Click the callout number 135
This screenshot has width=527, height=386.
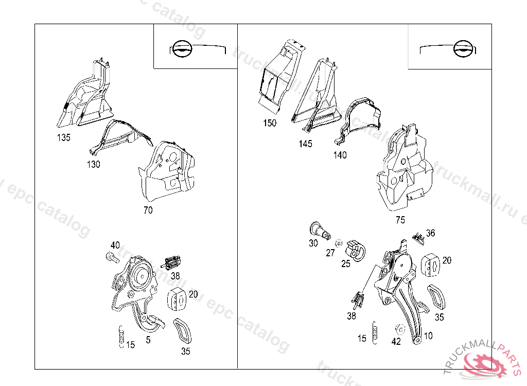(x=64, y=138)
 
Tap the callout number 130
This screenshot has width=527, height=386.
(x=93, y=165)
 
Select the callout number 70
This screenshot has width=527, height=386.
(x=148, y=210)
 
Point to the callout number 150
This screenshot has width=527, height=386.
(x=269, y=123)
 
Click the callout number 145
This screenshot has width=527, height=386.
(x=305, y=144)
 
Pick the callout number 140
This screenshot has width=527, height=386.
(x=340, y=155)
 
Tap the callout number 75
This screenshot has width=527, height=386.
(x=400, y=220)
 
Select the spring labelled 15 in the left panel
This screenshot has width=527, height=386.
(x=121, y=337)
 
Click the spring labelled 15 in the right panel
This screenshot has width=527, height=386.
(x=375, y=331)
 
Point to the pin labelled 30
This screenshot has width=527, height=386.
(x=320, y=231)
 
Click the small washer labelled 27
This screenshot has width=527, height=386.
(x=339, y=242)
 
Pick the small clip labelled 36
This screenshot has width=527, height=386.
(x=419, y=237)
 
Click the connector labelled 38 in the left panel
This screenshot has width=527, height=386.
(x=173, y=263)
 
